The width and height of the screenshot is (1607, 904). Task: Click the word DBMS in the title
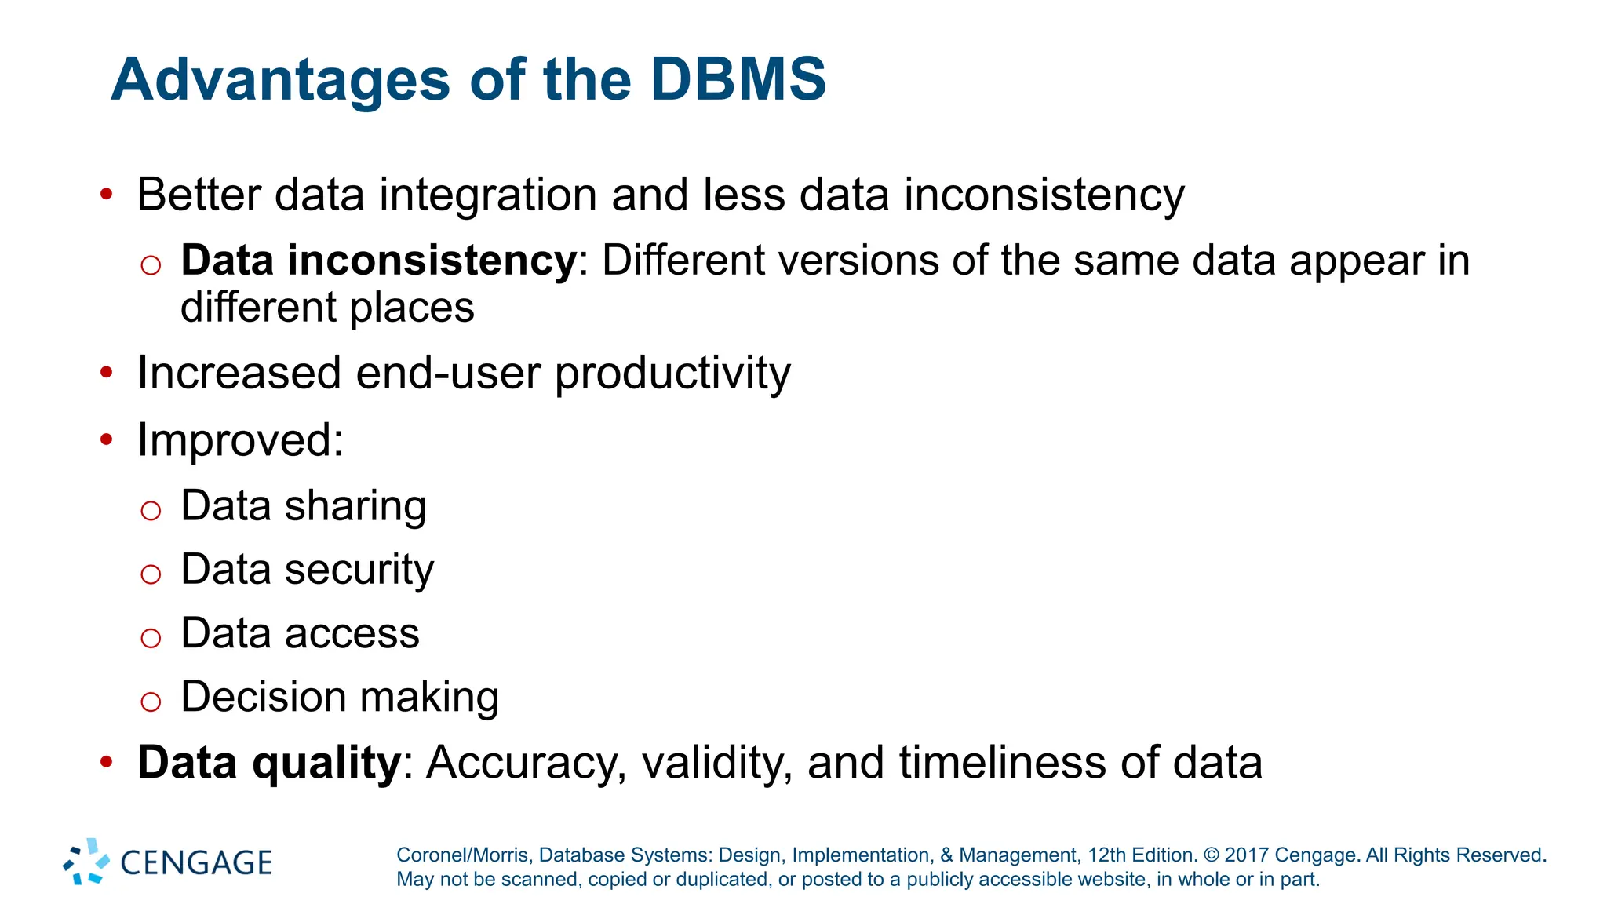738,80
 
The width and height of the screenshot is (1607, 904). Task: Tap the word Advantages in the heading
280,80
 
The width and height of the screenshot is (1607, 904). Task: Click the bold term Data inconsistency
379,261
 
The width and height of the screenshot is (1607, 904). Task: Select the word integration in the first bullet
487,195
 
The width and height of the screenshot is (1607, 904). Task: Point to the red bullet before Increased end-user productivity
107,372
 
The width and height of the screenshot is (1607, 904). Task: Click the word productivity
672,373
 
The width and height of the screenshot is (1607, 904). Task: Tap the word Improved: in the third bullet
240,439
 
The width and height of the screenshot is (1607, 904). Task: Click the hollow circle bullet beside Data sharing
151,511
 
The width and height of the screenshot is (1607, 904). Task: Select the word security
359,570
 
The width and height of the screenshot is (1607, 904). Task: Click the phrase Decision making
339,697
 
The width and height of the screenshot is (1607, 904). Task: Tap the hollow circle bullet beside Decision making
151,701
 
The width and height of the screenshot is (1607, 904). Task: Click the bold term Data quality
269,762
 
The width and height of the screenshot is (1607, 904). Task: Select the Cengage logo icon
86,861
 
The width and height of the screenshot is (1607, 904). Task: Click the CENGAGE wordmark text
196,863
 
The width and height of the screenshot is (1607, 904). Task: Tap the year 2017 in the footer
1246,855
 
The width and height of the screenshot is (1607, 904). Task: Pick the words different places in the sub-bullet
327,307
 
